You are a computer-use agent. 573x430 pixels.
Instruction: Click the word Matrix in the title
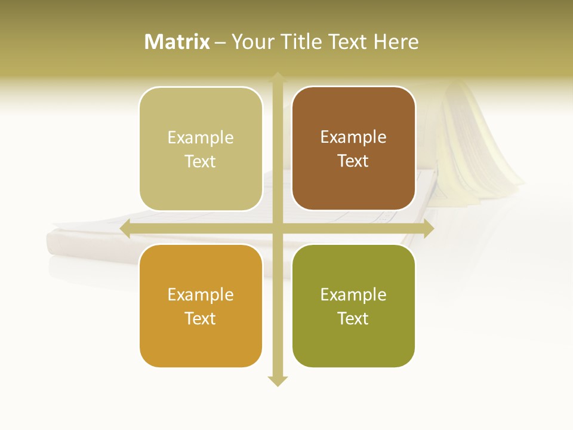click(177, 42)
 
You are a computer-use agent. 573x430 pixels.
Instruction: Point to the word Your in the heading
click(251, 42)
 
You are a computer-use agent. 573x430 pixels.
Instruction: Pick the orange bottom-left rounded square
click(201, 343)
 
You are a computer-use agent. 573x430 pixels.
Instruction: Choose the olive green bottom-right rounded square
click(353, 343)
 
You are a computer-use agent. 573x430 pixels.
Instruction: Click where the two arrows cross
click(278, 229)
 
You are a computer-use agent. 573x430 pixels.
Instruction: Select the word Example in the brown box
click(353, 137)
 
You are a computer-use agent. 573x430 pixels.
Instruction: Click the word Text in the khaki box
click(201, 162)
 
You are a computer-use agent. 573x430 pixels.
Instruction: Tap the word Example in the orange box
click(201, 294)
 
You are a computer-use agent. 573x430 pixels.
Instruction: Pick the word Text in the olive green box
click(353, 318)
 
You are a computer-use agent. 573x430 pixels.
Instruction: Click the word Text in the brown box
click(353, 161)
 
